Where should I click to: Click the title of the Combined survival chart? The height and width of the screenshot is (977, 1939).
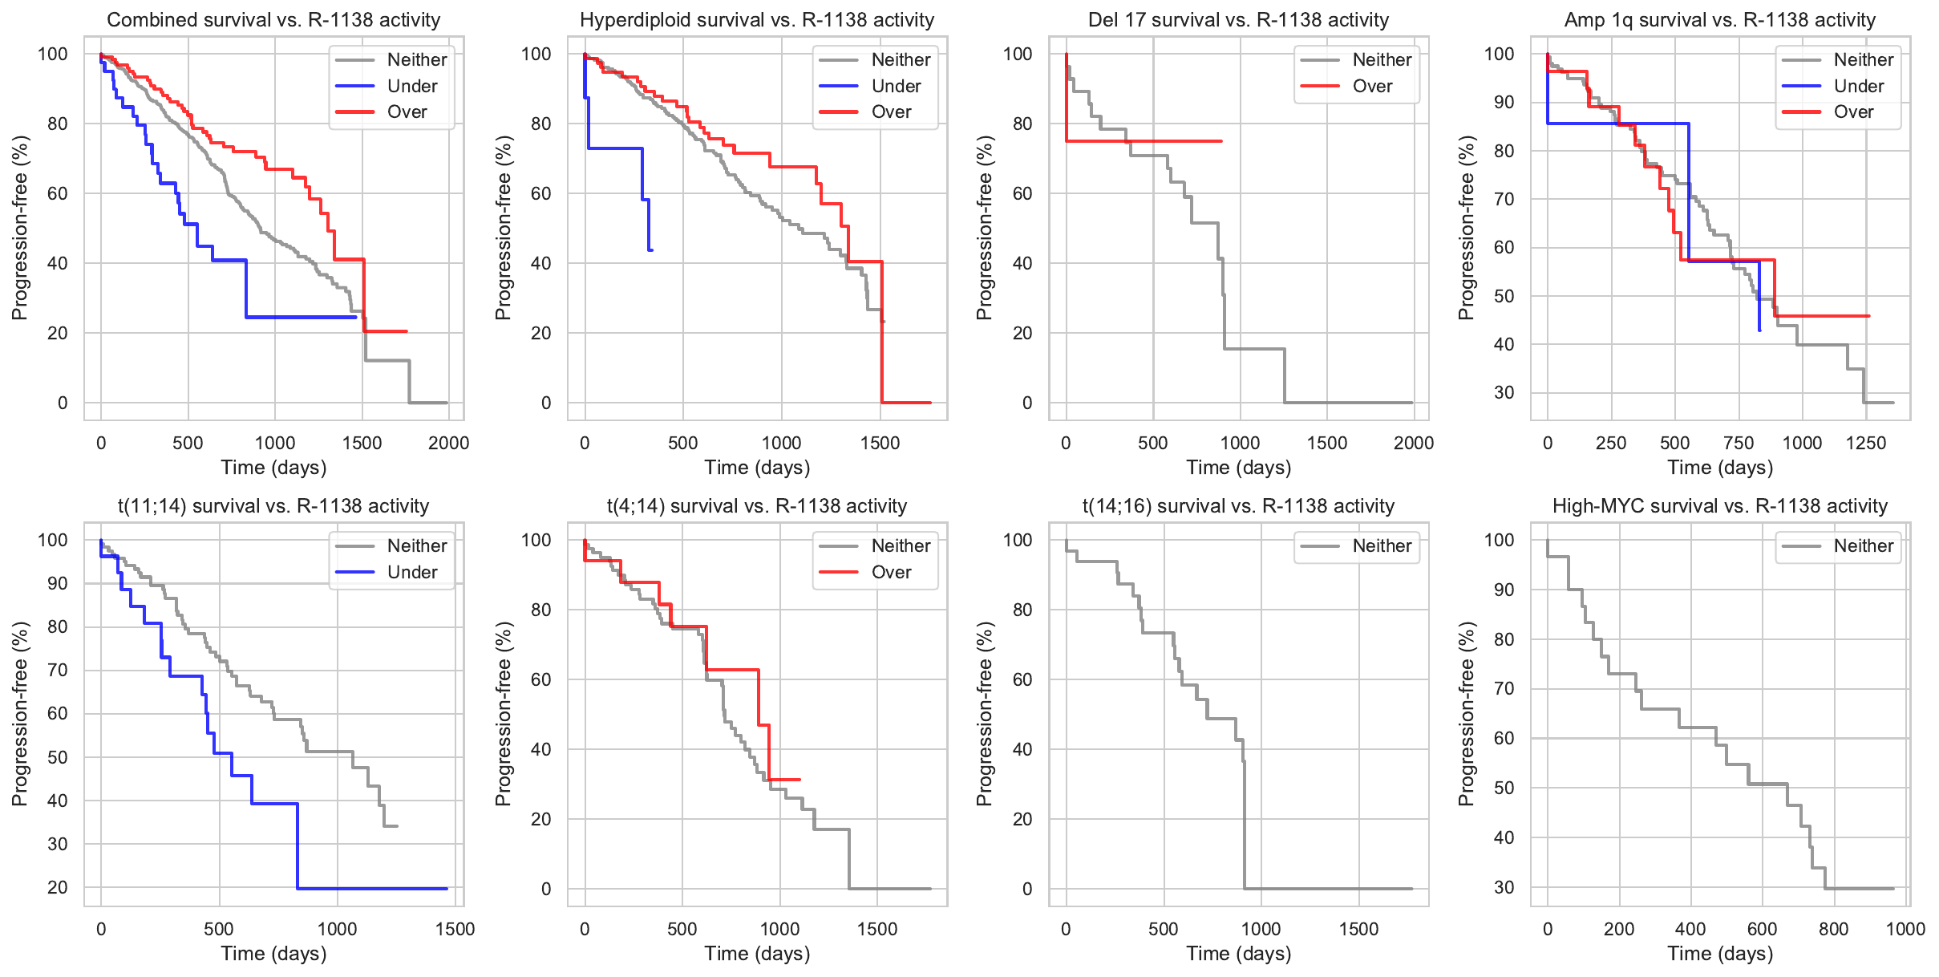(273, 20)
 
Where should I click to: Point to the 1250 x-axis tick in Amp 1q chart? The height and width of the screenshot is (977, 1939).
(1866, 444)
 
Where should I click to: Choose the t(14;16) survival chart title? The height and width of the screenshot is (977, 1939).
(1238, 506)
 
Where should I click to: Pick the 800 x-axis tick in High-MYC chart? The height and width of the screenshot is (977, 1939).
(1833, 930)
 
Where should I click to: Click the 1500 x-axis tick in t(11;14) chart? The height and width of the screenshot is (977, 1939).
(455, 930)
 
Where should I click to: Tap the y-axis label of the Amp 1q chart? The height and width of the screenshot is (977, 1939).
(1467, 228)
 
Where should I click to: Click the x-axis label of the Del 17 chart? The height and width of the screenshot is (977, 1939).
(1238, 468)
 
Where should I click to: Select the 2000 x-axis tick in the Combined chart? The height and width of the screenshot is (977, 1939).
(448, 444)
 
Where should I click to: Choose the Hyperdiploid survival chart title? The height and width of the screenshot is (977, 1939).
(757, 20)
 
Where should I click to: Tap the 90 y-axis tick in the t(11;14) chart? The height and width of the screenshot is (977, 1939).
(58, 584)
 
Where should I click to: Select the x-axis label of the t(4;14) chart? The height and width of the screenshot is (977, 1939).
(757, 954)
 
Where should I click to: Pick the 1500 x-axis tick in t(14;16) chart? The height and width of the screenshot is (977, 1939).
(1358, 930)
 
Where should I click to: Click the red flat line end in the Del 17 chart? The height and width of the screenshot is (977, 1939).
(1220, 141)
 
